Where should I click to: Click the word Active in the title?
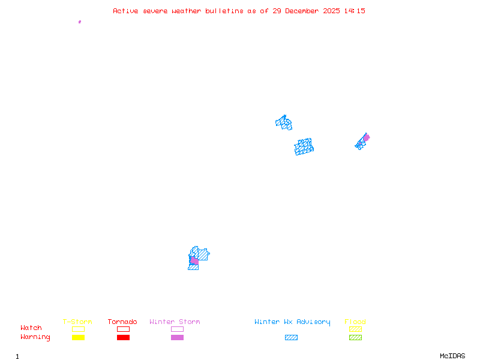click(125, 11)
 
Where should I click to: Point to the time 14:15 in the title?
click(354, 11)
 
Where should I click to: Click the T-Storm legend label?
click(77, 322)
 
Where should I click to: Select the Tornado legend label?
click(122, 322)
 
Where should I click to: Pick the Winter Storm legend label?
click(175, 322)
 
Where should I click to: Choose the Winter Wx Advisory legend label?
click(292, 322)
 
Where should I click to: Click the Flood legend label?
click(355, 322)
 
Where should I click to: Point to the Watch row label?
click(31, 328)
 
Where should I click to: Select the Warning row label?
click(35, 337)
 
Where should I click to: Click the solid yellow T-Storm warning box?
click(78, 338)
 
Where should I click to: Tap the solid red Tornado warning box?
click(123, 338)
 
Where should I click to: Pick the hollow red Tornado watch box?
click(123, 329)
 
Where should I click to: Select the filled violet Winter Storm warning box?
click(177, 338)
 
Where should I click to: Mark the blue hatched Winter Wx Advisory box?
click(291, 338)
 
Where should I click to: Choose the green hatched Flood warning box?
click(355, 338)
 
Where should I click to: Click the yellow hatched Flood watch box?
click(355, 329)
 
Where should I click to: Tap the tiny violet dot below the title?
click(80, 22)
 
